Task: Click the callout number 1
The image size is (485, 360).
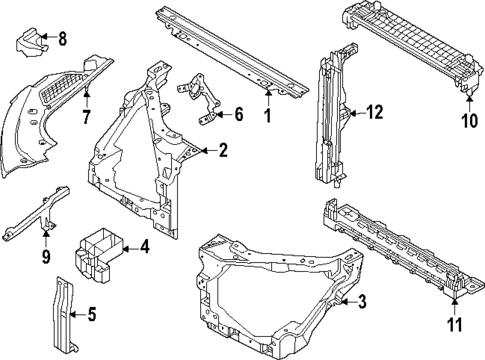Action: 267,115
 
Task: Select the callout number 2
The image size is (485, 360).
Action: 224,152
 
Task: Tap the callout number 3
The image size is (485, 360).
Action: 362,301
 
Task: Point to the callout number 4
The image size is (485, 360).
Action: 145,247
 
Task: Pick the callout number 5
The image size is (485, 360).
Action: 92,317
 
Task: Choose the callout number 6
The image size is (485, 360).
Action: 238,115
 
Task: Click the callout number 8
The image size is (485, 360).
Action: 62,40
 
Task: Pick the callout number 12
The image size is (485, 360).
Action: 374,113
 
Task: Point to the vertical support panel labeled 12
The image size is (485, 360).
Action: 330,120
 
